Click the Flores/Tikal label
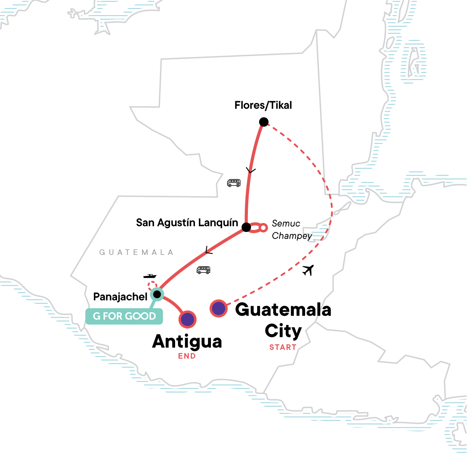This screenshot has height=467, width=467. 263,105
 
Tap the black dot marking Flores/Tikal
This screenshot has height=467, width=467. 264,122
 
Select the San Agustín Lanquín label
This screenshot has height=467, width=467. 187,223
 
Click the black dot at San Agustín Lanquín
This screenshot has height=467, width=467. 246,227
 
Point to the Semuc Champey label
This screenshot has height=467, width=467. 291,230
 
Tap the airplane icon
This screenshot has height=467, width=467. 308,270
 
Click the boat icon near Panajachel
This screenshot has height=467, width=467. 150,276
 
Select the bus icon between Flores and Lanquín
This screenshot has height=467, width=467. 234,183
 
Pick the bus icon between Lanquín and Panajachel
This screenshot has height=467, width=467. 204,270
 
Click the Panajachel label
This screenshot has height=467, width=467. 120,297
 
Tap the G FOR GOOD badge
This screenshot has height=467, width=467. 124,316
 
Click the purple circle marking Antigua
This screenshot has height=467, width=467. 188,320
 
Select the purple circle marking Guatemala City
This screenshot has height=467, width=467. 219,309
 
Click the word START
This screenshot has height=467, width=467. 283,347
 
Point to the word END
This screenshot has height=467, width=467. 187,356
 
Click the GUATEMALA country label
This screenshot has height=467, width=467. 136,252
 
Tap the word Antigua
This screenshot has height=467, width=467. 187,342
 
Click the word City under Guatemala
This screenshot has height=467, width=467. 283,331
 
